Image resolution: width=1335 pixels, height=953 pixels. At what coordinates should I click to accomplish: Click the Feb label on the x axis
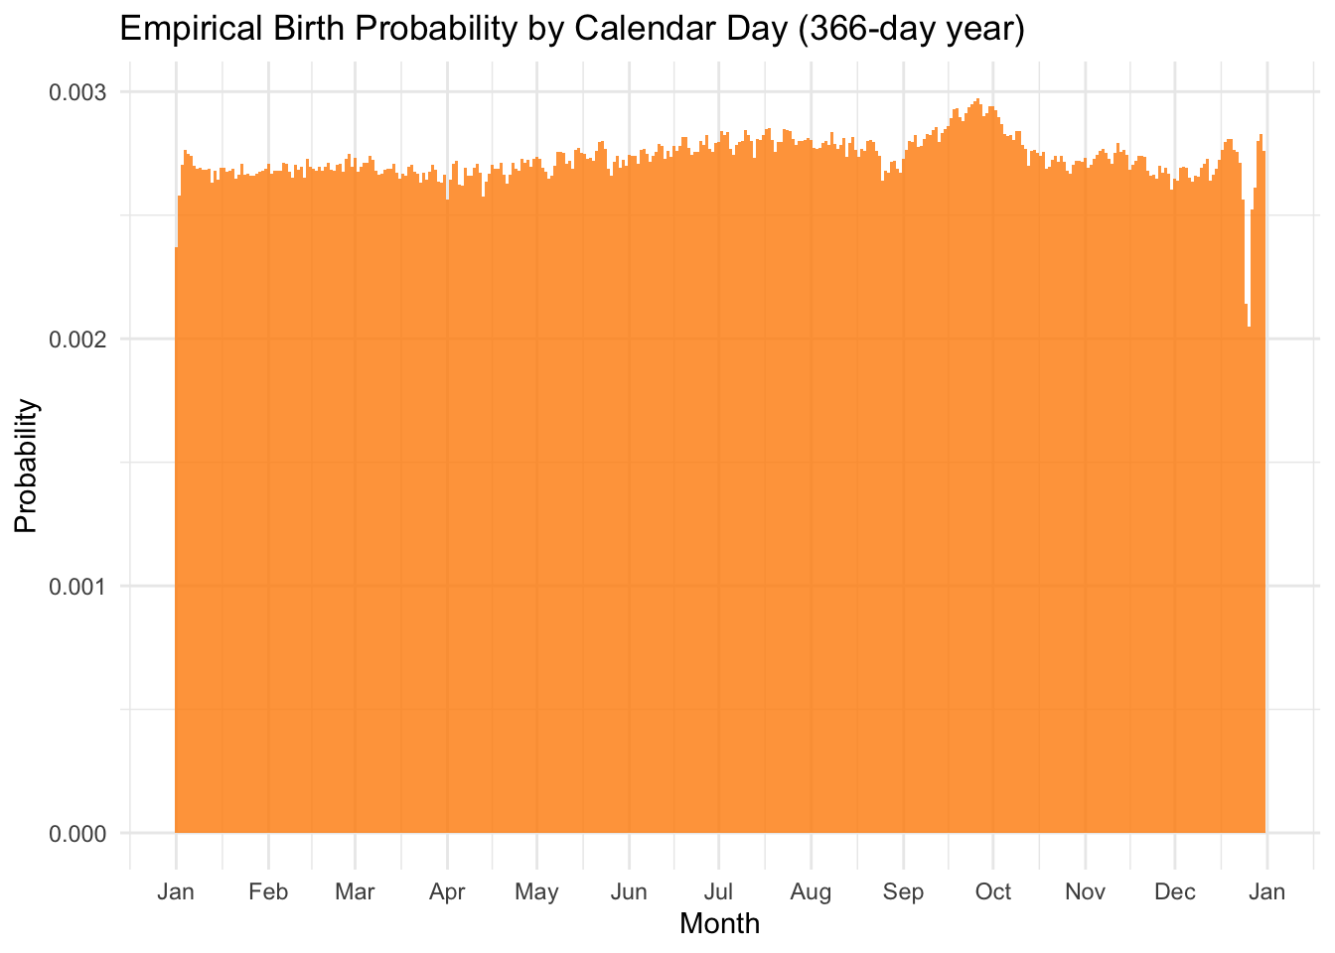268,891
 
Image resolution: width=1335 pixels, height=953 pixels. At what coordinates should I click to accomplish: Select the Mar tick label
355,891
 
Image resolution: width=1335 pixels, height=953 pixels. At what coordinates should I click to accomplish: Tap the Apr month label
447,891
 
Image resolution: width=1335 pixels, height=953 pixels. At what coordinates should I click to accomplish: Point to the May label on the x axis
536,891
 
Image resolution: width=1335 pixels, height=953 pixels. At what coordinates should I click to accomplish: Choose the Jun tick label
629,891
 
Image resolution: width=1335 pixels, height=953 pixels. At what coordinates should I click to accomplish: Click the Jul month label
718,891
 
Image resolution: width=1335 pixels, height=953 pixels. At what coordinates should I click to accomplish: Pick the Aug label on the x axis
811,891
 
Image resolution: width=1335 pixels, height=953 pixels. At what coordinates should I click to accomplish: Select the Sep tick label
903,891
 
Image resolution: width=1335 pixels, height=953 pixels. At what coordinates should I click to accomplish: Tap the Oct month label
993,891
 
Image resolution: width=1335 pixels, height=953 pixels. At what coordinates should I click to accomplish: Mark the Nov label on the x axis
1085,891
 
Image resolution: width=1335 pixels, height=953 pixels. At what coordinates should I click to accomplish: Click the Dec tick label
1175,891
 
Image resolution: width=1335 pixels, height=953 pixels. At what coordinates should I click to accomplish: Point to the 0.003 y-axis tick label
77,92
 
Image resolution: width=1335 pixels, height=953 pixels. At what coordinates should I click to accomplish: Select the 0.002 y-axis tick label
77,340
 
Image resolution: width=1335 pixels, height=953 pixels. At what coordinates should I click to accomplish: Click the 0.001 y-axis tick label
77,587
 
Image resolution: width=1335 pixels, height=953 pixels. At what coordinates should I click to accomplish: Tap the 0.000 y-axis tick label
77,834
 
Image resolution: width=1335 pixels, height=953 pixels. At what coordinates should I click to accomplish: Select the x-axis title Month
719,924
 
